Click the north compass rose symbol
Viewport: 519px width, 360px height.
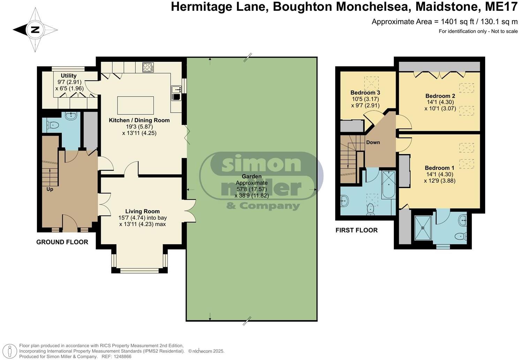[x=35, y=30]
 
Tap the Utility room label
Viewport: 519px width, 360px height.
[x=68, y=76]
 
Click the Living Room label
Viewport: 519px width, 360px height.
[x=142, y=211]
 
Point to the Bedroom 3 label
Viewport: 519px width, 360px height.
[x=365, y=93]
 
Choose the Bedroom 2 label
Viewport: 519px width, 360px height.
[x=440, y=96]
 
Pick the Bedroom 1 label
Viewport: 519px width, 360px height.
[x=439, y=168]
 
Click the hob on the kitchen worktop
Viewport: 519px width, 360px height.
[x=148, y=67]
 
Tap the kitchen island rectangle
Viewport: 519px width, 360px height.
[x=135, y=105]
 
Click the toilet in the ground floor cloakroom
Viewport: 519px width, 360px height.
[x=53, y=125]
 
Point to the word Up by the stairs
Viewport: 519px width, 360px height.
[x=50, y=189]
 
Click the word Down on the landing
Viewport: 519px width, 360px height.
[x=373, y=142]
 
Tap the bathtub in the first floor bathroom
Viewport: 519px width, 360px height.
[x=388, y=185]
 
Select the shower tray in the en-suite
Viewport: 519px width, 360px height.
[x=423, y=228]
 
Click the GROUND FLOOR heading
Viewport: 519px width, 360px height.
[x=62, y=242]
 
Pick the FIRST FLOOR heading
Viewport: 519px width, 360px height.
[x=356, y=230]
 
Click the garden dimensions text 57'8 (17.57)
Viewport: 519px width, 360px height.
[x=251, y=189]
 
